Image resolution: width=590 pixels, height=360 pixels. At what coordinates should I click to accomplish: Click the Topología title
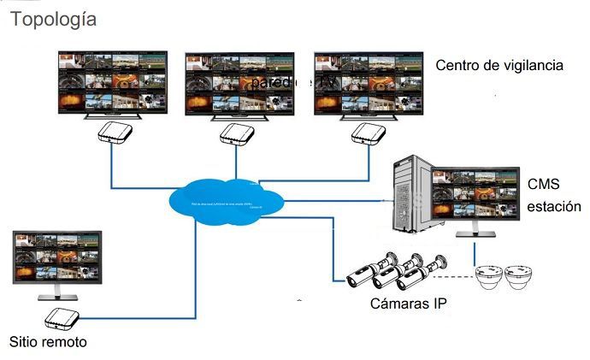click(53, 19)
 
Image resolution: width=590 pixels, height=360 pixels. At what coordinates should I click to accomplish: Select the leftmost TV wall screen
click(111, 83)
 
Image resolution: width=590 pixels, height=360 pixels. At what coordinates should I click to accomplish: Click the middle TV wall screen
click(240, 83)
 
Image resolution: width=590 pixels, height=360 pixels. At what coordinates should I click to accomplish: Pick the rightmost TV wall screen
click(369, 83)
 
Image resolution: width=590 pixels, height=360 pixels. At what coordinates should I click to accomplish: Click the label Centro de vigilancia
click(499, 65)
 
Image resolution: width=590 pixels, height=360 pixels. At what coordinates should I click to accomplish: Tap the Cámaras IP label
click(409, 304)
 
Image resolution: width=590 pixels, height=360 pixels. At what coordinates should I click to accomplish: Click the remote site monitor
click(57, 261)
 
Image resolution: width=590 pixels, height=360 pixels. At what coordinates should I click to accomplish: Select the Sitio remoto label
click(48, 342)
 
